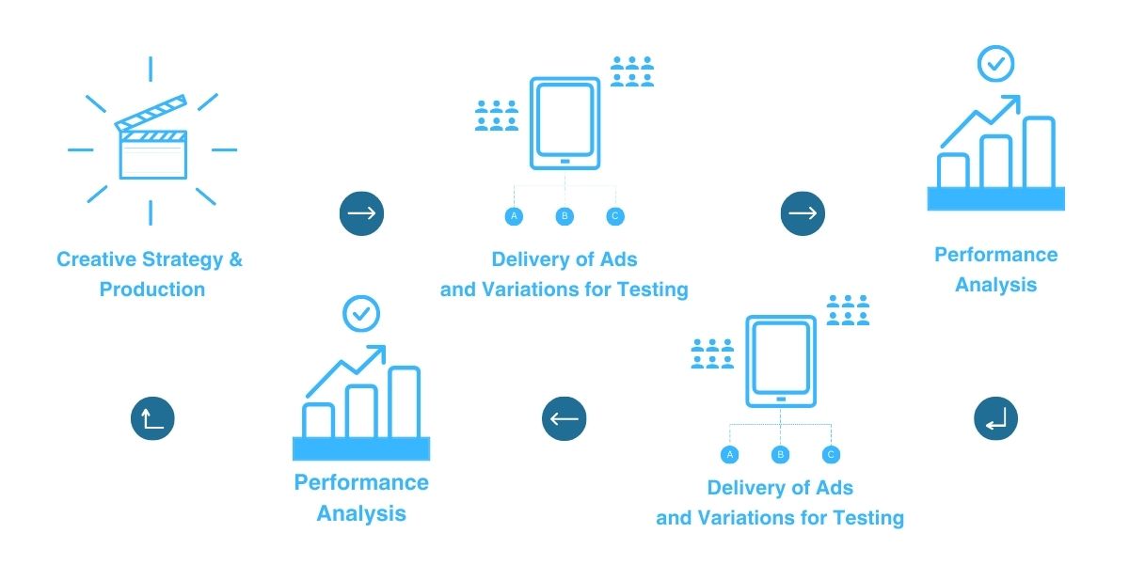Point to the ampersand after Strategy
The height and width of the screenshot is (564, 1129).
(x=235, y=259)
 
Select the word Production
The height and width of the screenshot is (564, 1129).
(x=152, y=290)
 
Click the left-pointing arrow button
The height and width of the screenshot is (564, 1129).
(x=564, y=418)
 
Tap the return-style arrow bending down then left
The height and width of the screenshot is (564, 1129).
(x=995, y=418)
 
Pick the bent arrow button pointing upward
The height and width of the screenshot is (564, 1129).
(x=152, y=418)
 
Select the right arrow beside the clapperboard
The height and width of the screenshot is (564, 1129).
(x=361, y=213)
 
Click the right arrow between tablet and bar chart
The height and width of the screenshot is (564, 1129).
(x=803, y=213)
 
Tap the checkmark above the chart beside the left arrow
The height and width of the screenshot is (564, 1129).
(x=360, y=314)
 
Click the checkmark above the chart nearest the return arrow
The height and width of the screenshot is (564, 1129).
(x=995, y=65)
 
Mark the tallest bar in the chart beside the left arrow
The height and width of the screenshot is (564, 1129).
(x=405, y=402)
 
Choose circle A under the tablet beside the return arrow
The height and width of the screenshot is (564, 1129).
(x=729, y=455)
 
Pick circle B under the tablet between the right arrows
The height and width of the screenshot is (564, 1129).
(x=564, y=216)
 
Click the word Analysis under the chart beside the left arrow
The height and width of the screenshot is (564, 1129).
(x=361, y=514)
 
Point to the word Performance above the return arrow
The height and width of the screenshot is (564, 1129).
(x=995, y=255)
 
